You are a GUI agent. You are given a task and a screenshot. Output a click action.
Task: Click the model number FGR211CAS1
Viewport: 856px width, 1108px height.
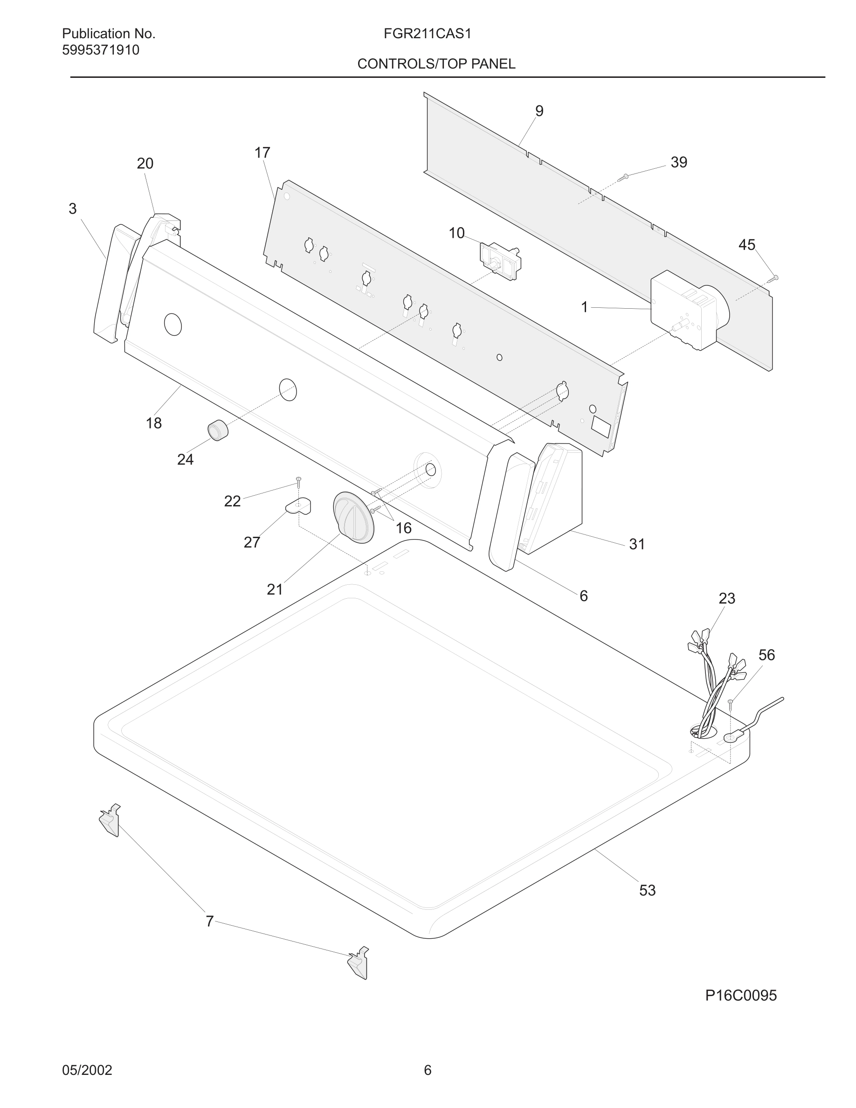[427, 34]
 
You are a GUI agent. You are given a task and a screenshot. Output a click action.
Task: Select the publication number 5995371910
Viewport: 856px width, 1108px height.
[100, 50]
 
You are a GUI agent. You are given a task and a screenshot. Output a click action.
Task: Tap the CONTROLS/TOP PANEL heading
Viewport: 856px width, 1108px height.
[436, 64]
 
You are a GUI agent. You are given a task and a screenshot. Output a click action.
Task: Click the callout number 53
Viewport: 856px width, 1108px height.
[647, 890]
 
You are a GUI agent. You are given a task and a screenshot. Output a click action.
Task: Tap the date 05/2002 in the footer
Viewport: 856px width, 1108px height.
[87, 1070]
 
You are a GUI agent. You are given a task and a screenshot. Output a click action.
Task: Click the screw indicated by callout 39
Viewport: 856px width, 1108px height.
[623, 177]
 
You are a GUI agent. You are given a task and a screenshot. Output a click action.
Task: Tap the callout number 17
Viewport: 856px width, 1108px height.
[262, 152]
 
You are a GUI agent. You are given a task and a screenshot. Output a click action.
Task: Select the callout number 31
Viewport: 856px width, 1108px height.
[637, 544]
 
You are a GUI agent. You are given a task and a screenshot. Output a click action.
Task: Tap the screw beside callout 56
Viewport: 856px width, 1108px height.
[731, 703]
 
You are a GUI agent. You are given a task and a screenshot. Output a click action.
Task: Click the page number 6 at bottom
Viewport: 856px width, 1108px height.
[428, 1070]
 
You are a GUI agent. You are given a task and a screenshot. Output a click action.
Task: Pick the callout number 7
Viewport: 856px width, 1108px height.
[209, 921]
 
